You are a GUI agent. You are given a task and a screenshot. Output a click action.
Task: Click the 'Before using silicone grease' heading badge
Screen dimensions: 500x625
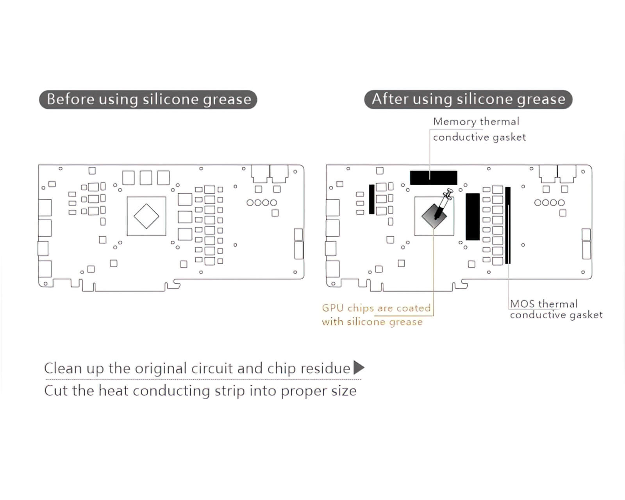[x=148, y=99]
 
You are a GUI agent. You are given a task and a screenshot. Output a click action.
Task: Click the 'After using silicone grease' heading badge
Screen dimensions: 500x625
[x=468, y=99]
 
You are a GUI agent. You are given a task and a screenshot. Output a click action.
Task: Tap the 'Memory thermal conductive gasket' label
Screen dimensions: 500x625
[x=479, y=129]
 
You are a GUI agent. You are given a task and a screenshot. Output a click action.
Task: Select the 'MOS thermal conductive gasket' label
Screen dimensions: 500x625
[x=555, y=309]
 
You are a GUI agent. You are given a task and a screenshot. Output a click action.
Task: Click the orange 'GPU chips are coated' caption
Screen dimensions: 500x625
[x=376, y=308]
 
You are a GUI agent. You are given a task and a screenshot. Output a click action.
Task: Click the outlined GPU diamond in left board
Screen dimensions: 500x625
[x=146, y=216]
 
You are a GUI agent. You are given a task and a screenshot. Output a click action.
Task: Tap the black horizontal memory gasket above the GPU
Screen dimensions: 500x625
[x=433, y=178]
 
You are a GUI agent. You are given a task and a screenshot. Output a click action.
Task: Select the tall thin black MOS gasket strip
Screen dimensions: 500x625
[x=508, y=225]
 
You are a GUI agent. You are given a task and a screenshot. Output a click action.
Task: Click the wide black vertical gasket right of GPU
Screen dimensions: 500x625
[x=472, y=216]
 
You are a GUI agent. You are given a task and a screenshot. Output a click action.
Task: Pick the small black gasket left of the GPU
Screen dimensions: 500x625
[x=371, y=199]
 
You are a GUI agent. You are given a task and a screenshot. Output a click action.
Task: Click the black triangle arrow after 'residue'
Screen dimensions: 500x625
[x=359, y=368]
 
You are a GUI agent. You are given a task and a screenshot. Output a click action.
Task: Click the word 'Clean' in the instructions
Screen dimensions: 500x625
[x=63, y=368]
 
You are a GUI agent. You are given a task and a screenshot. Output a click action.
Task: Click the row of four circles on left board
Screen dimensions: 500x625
[x=262, y=203]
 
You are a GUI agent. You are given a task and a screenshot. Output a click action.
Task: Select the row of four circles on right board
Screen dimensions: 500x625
[x=549, y=203]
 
